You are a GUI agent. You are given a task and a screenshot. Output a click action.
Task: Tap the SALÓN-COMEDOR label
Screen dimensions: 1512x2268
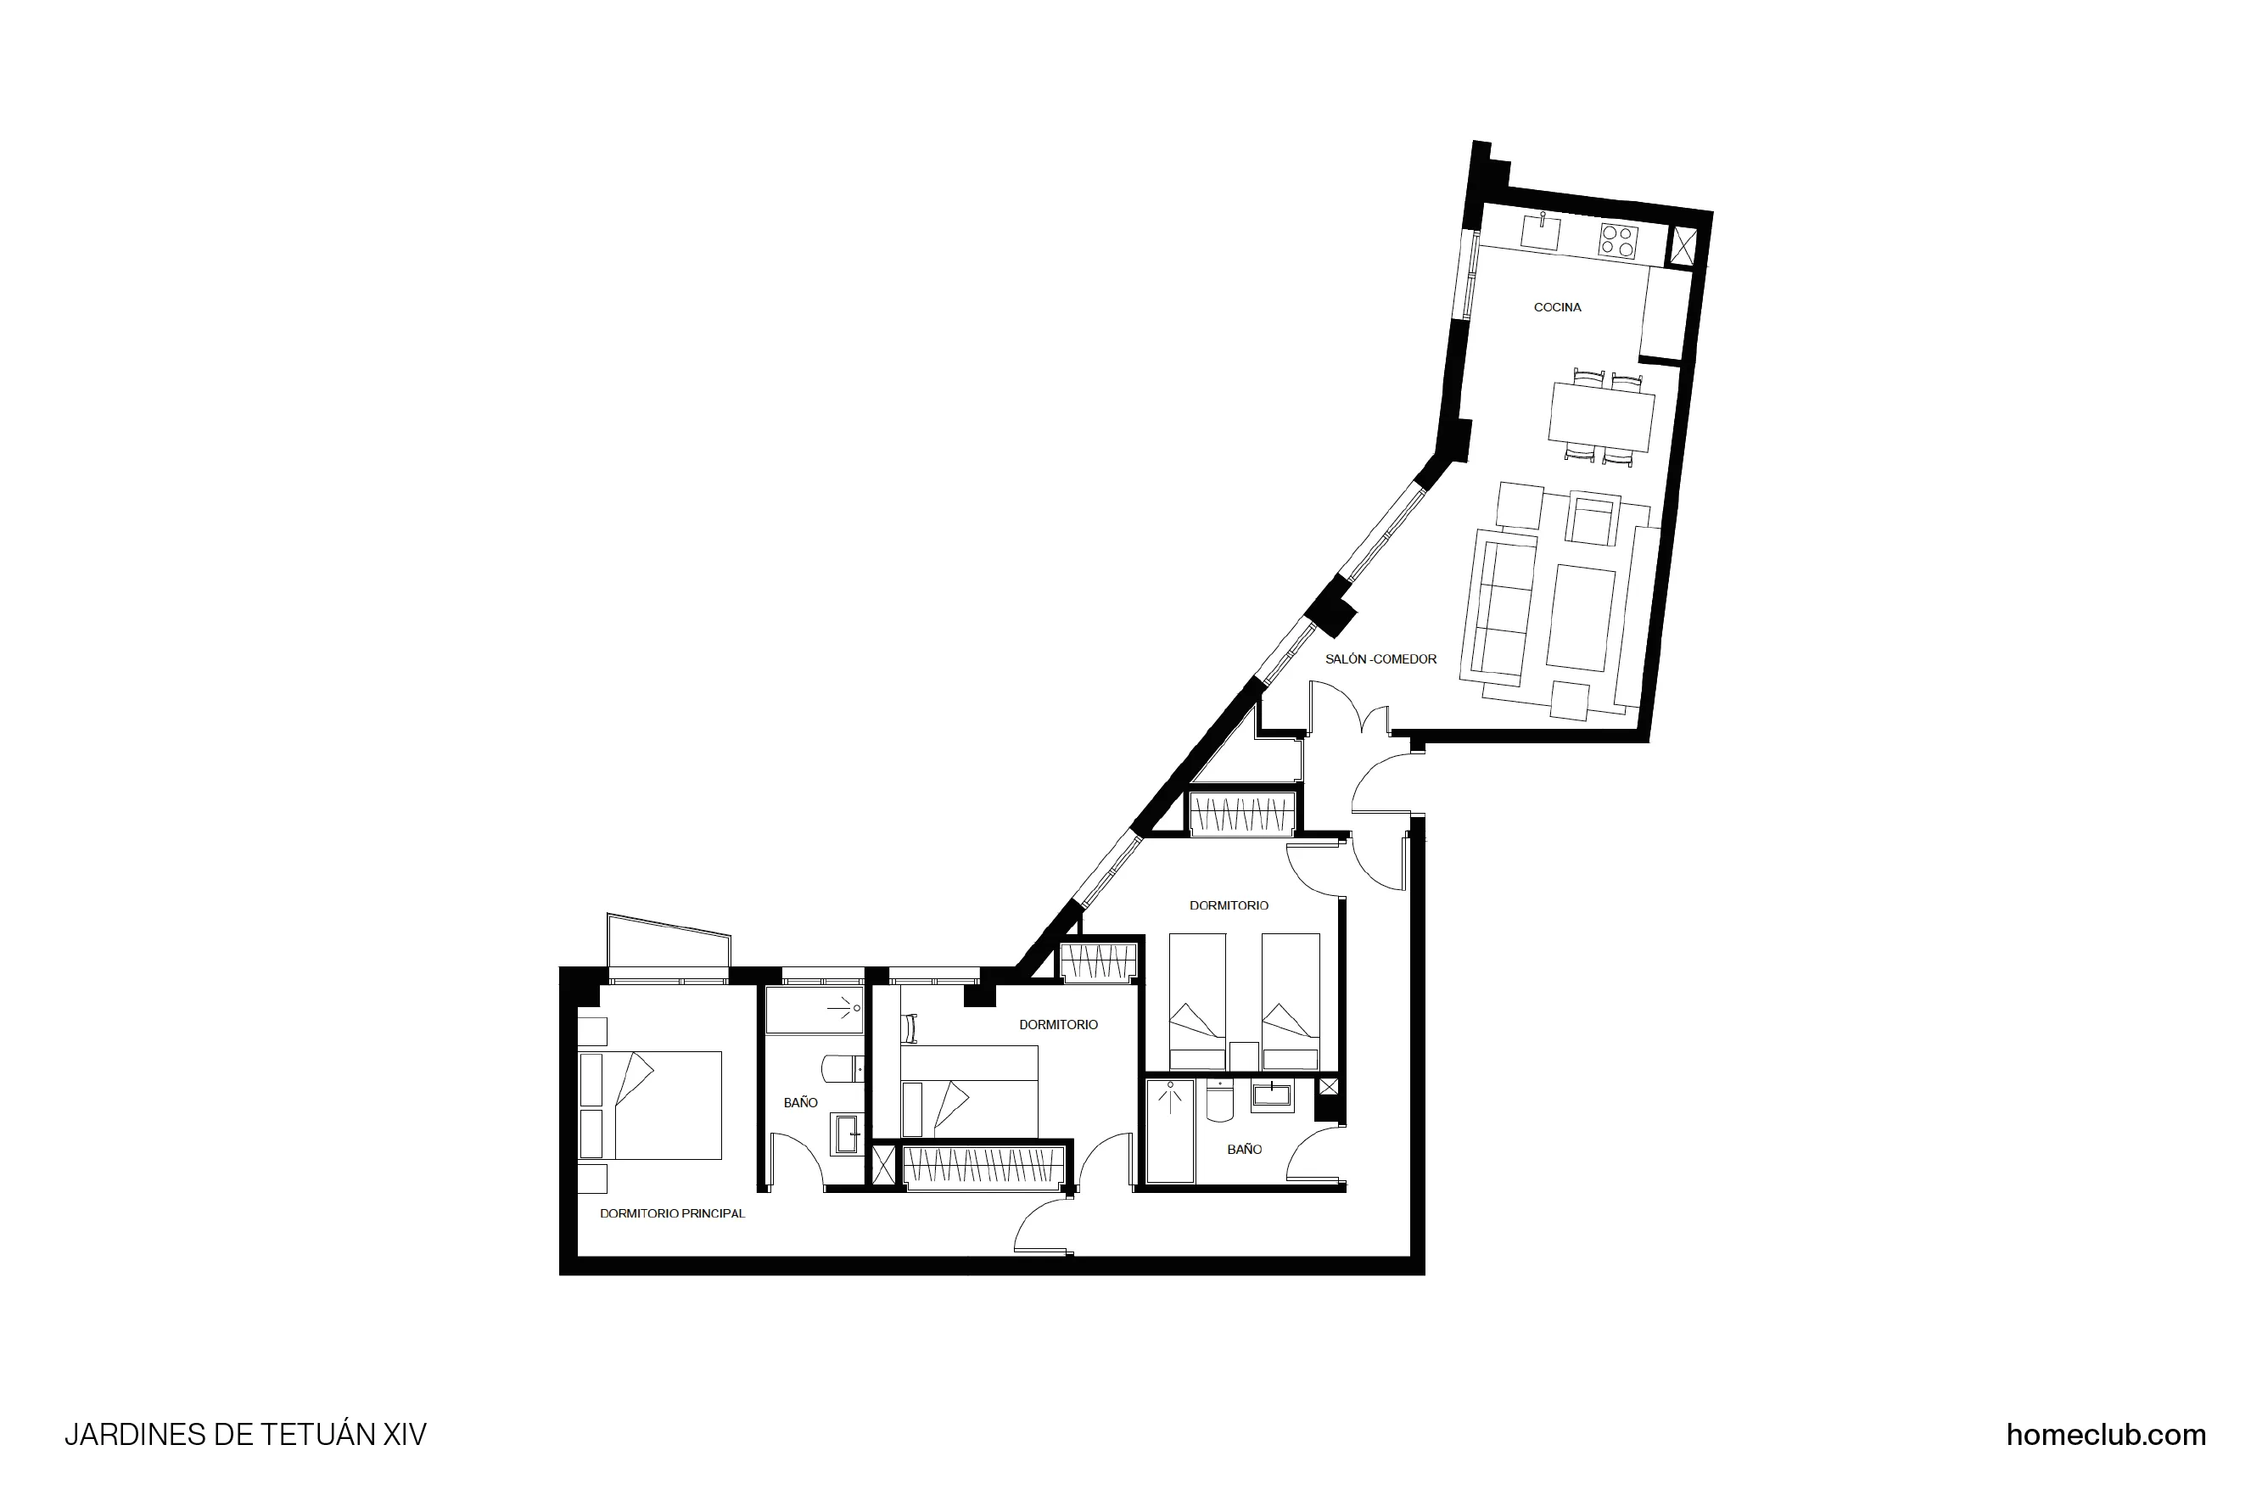tap(1380, 659)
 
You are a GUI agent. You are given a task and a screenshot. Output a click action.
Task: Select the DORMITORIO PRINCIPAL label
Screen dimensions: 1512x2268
tap(672, 1214)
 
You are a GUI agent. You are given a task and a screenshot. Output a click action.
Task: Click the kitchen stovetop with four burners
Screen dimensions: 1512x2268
tap(1617, 239)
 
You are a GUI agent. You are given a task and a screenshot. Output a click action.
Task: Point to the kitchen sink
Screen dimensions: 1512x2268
tap(1541, 232)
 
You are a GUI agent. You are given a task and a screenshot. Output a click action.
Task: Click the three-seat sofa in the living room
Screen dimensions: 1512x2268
tap(1500, 610)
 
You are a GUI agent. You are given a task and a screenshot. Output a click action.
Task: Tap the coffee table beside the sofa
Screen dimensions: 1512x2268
tap(1581, 618)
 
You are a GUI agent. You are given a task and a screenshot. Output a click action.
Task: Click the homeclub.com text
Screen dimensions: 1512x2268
tap(2105, 1436)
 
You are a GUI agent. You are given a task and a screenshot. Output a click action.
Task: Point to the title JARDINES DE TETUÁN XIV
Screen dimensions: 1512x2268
tap(245, 1436)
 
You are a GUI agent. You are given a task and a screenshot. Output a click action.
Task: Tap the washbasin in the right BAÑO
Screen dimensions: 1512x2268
tap(1272, 1096)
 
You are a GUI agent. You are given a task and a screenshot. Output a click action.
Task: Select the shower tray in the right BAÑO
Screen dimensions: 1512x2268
tap(1170, 1131)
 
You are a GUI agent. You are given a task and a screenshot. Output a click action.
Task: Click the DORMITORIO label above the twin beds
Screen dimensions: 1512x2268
tap(1229, 905)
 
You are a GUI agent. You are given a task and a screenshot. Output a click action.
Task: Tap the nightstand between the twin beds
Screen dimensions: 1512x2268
tap(1244, 1056)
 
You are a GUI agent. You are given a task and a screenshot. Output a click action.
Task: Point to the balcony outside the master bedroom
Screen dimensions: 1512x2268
tap(667, 943)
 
